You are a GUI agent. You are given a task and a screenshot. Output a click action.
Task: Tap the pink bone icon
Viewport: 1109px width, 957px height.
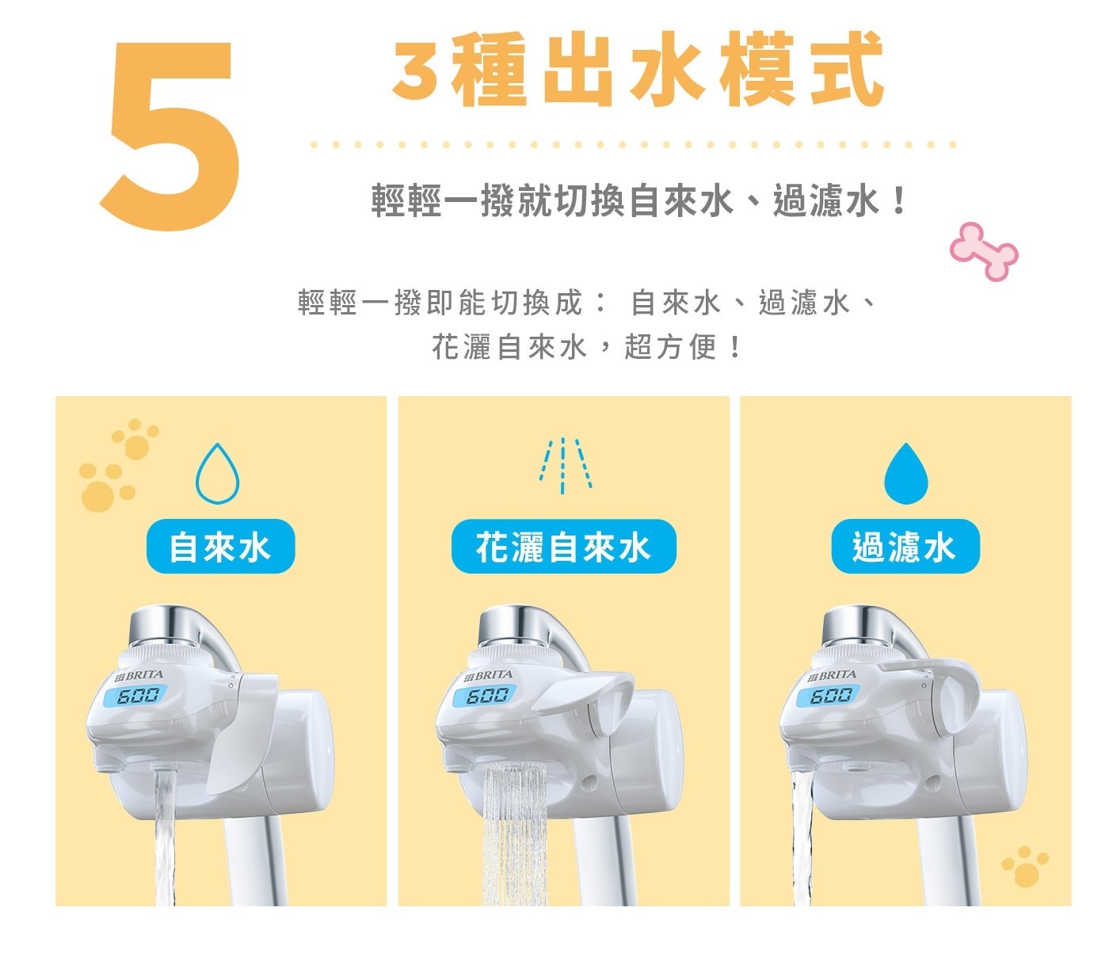[x=984, y=251]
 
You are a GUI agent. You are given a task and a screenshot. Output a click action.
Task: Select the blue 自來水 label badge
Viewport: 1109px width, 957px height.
[x=220, y=547]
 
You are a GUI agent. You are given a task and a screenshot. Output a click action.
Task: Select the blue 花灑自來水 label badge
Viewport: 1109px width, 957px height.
[x=563, y=547]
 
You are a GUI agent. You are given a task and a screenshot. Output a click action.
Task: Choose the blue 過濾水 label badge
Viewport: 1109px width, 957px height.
[x=905, y=547]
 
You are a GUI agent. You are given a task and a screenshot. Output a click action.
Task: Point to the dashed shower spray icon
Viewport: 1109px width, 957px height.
[x=563, y=466]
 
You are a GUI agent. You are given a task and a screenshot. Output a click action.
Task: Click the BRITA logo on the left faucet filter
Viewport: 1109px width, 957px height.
[x=139, y=676]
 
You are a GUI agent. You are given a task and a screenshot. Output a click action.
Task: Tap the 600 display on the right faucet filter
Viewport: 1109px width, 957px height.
[x=831, y=696]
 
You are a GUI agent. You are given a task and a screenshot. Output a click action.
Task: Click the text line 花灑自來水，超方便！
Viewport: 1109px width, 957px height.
[x=586, y=347]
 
